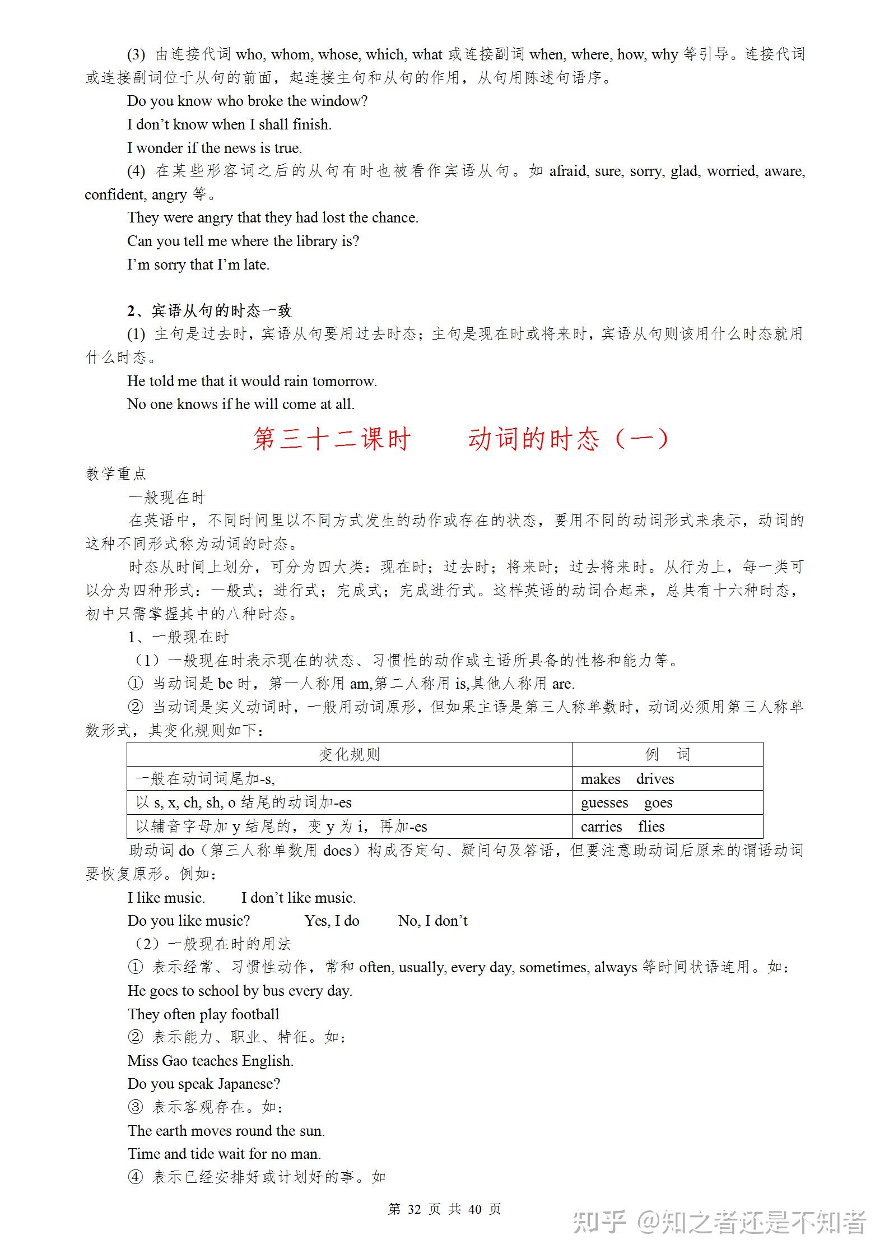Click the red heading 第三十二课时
click(331, 439)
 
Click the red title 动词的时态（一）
click(568, 439)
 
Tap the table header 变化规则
click(349, 754)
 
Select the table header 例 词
click(667, 754)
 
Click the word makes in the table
click(600, 779)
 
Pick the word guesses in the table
click(604, 803)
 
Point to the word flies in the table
click(651, 827)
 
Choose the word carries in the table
click(601, 827)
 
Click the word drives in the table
click(655, 779)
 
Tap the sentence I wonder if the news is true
click(215, 148)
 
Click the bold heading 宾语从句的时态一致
click(216, 310)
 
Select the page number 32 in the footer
click(414, 1209)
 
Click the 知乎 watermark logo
click(599, 1223)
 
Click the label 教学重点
click(116, 474)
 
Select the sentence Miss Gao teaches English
click(211, 1061)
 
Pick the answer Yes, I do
click(332, 921)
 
